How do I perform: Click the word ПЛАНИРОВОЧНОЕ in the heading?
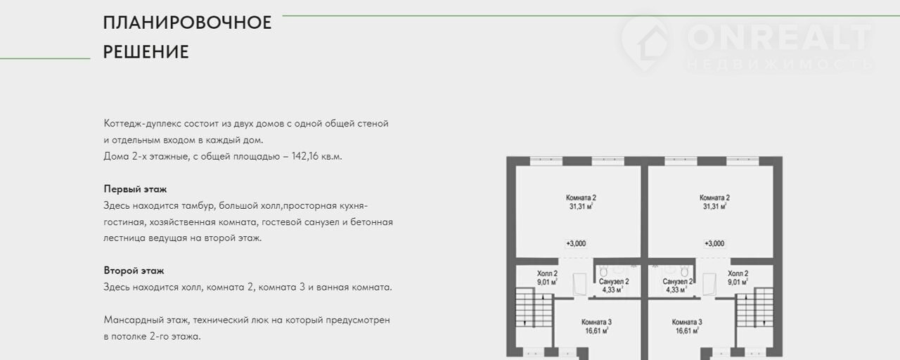(187, 22)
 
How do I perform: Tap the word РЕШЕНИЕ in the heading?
(146, 52)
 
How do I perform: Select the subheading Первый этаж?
(135, 189)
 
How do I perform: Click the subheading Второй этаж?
(134, 271)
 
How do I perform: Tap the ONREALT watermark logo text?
(779, 37)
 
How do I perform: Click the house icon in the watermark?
(645, 42)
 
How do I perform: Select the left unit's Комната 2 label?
(581, 198)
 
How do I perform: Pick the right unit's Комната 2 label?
(714, 198)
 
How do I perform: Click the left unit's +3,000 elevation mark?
(576, 243)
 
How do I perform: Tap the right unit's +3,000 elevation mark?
(714, 243)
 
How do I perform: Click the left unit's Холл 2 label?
(547, 274)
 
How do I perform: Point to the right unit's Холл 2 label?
(738, 274)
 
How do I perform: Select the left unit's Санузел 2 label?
(614, 282)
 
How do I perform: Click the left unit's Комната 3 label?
(596, 322)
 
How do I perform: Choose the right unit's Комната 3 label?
(687, 322)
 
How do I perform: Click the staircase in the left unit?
(534, 307)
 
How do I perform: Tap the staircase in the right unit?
(754, 307)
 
